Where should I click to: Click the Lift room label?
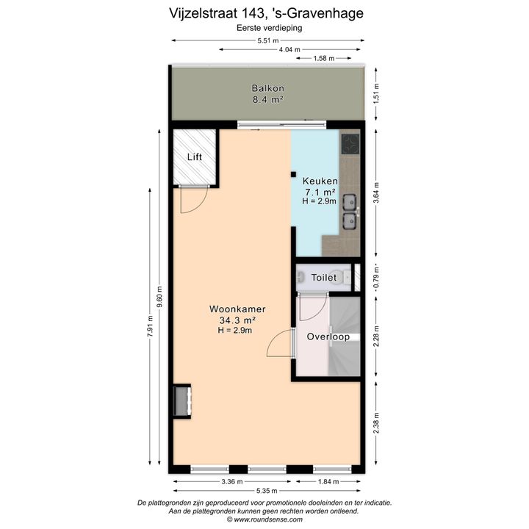click(x=195, y=157)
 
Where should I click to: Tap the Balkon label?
click(x=268, y=88)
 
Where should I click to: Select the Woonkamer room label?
click(x=237, y=309)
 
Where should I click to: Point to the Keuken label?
click(x=320, y=181)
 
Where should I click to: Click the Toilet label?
click(x=324, y=278)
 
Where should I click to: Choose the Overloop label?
click(x=328, y=337)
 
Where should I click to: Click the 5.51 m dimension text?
click(x=268, y=41)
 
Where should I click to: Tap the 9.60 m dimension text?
click(x=160, y=297)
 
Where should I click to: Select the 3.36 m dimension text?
click(x=232, y=482)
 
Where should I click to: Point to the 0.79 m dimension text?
click(x=377, y=277)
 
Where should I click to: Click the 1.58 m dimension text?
click(x=324, y=58)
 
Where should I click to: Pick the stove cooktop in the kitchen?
click(x=350, y=144)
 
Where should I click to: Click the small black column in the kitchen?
click(x=293, y=174)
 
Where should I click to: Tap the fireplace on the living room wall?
click(x=182, y=401)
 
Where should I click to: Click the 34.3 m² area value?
click(x=237, y=320)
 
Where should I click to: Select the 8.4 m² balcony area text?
click(x=268, y=99)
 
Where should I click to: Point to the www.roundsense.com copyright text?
click(x=264, y=519)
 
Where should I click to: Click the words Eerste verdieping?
click(x=269, y=28)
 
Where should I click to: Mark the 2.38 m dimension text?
click(x=377, y=423)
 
